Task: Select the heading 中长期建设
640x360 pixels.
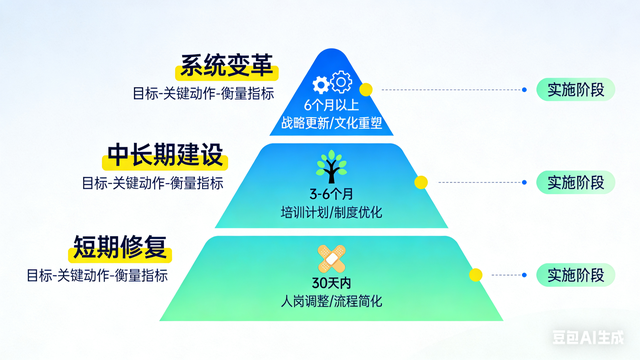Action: tap(165, 156)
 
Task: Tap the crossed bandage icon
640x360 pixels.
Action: tap(331, 258)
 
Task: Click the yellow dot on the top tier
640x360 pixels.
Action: tap(366, 90)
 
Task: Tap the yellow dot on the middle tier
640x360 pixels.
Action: tap(421, 182)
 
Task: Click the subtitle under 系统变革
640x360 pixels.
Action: tap(203, 93)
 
